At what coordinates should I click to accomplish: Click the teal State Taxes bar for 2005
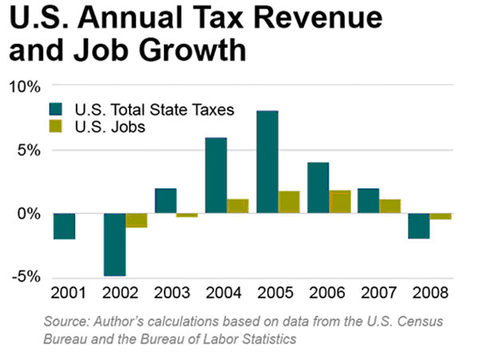267,162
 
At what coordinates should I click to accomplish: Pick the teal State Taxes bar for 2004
216,175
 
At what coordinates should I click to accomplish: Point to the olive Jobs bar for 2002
137,220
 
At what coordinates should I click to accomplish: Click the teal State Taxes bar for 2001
65,226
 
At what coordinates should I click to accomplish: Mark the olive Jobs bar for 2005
288,201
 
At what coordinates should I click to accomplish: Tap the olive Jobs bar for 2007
388,206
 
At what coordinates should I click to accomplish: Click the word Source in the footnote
67,320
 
